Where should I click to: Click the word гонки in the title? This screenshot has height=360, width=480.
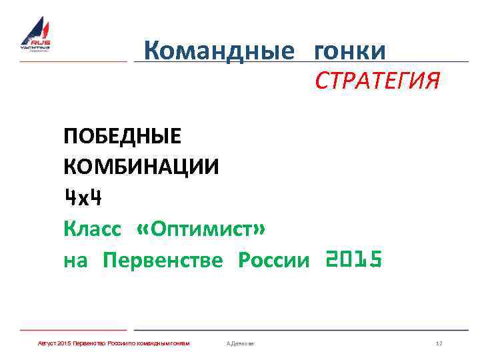349,50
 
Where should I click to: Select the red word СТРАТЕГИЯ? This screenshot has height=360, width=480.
377,82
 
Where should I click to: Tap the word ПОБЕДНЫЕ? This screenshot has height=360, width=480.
122,137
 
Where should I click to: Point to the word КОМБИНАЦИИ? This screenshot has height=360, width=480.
141,167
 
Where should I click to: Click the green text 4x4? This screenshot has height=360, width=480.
83,197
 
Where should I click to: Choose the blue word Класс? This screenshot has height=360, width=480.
93,229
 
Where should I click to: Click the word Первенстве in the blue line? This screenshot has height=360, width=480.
163,260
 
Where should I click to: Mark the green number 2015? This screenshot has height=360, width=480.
353,259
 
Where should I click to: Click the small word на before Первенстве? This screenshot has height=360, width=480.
75,261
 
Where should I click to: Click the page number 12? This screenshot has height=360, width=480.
439,343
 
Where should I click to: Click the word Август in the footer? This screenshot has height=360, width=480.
47,343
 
